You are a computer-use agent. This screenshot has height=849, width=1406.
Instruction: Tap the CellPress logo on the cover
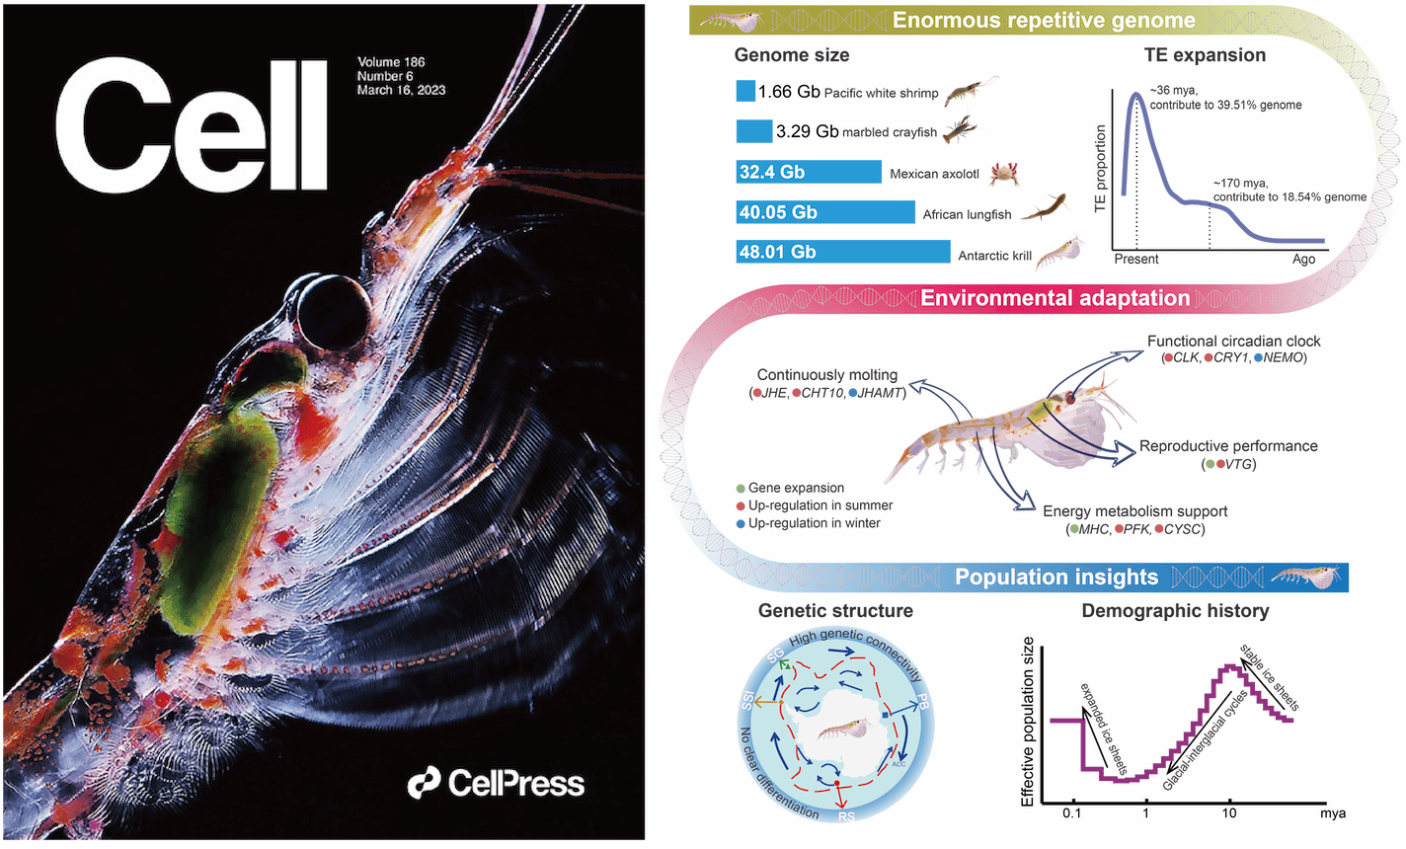pos(496,783)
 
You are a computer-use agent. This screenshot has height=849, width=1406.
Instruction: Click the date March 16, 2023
pos(401,90)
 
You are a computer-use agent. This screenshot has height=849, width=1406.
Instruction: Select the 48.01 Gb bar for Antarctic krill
pos(842,252)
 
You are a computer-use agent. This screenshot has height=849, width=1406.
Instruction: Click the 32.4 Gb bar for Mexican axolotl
pos(808,172)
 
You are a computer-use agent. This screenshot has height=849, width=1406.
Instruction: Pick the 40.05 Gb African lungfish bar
pos(825,212)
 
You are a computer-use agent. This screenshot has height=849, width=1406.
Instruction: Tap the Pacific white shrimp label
pos(881,93)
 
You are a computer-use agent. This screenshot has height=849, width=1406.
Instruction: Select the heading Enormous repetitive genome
pos(1044,20)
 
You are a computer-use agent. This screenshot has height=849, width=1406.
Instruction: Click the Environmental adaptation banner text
pos(1055,298)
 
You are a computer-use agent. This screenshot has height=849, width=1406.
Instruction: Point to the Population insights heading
pos(1055,578)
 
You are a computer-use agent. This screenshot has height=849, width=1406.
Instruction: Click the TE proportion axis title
pos(1100,169)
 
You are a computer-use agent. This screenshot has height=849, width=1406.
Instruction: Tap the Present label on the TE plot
pos(1136,259)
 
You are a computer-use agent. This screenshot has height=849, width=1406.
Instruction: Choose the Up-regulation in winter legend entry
pos(814,523)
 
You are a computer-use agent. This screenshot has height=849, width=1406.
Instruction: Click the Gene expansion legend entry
pos(796,488)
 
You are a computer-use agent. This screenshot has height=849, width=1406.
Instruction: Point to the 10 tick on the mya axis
pos(1229,813)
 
